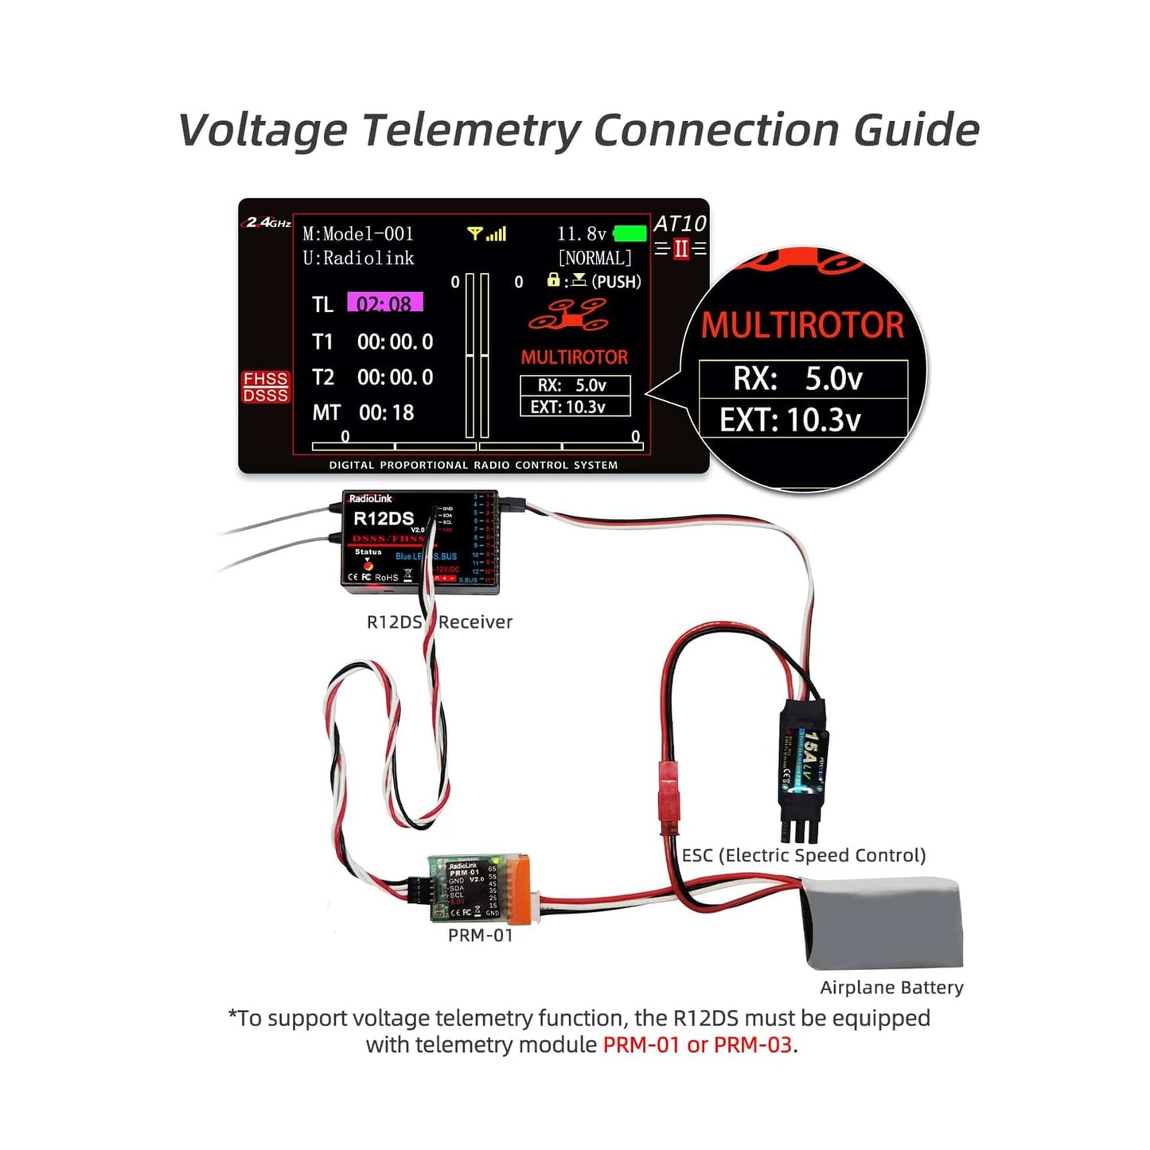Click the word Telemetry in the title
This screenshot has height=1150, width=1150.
pyautogui.click(x=471, y=130)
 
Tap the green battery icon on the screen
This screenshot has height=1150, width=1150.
pyautogui.click(x=630, y=234)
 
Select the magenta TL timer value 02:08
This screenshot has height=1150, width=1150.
pyautogui.click(x=384, y=303)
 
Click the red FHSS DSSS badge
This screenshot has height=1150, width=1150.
pyautogui.click(x=266, y=387)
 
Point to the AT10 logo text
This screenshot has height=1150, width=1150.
pyautogui.click(x=680, y=224)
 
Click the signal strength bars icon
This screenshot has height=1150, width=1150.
pyautogui.click(x=487, y=234)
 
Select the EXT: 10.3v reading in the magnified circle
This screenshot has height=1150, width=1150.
pyautogui.click(x=790, y=419)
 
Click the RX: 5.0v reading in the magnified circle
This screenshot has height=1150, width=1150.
pyautogui.click(x=797, y=379)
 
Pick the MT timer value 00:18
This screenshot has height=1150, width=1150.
pyautogui.click(x=386, y=412)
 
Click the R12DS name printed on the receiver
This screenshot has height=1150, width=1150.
pyautogui.click(x=383, y=519)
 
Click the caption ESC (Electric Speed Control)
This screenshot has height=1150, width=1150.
pyautogui.click(x=804, y=856)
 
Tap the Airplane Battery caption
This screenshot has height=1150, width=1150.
pyautogui.click(x=891, y=988)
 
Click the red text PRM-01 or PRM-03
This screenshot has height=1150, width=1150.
pyautogui.click(x=697, y=1045)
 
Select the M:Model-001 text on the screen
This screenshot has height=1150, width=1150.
pyautogui.click(x=358, y=234)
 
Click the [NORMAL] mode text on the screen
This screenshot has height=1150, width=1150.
pyautogui.click(x=594, y=258)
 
